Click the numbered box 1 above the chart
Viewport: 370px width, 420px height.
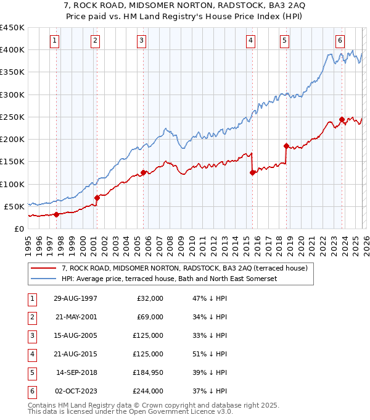pos(55,41)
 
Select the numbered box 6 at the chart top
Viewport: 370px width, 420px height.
pos(340,41)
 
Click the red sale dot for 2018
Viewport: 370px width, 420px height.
pos(286,146)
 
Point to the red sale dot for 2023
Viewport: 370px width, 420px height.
pos(342,119)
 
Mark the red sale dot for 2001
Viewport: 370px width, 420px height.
pos(97,198)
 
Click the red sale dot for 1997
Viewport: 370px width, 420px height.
pos(56,214)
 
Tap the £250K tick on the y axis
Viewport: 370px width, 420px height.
pos(14,117)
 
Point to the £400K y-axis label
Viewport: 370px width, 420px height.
pos(14,50)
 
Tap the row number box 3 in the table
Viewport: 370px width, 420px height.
pos(31,336)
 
